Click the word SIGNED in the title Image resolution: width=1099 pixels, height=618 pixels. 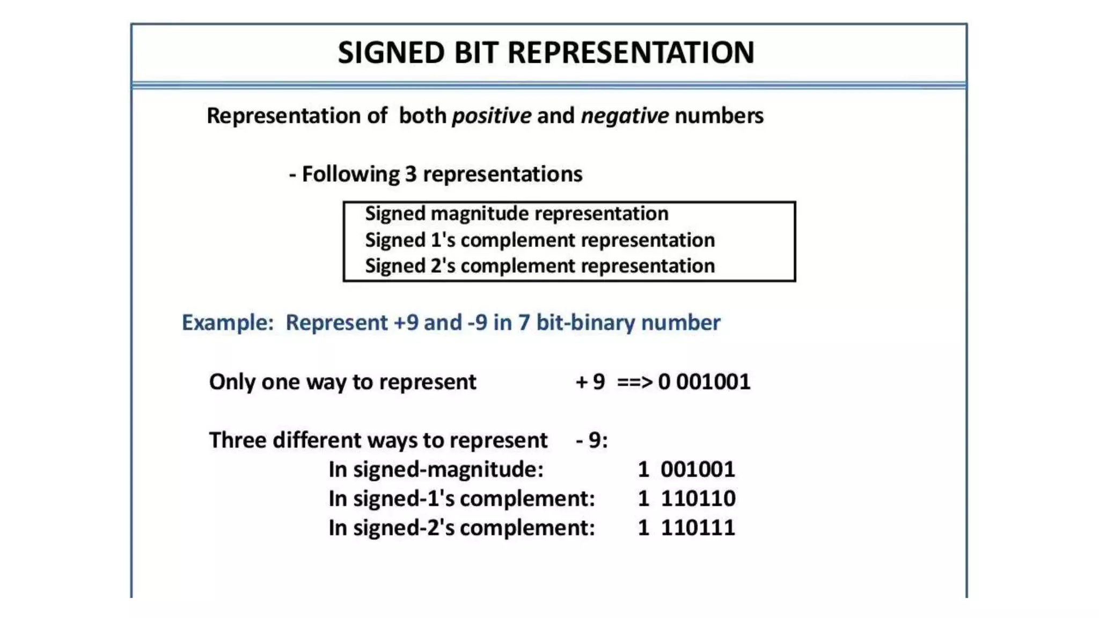click(x=391, y=53)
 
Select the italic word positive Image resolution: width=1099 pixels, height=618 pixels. click(x=492, y=116)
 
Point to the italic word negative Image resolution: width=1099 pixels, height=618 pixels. click(x=625, y=116)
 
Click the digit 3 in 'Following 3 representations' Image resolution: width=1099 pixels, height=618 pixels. click(x=411, y=174)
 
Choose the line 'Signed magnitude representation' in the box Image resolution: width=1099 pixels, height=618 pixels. click(x=516, y=214)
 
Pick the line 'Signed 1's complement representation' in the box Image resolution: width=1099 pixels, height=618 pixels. click(x=539, y=240)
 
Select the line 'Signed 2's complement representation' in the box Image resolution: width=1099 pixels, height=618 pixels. click(x=539, y=266)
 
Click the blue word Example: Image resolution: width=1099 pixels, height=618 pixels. click(x=228, y=323)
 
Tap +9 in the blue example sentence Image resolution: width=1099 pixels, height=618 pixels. click(x=405, y=323)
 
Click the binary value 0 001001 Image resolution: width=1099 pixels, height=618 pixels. click(x=704, y=382)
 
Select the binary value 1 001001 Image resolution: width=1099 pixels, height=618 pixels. click(x=686, y=469)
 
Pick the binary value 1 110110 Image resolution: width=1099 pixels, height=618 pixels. click(x=686, y=499)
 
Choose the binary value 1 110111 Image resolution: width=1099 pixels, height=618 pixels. click(x=686, y=528)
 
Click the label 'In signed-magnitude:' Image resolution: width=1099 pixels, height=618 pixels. click(x=436, y=470)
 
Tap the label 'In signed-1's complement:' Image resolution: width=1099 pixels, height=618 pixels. click(x=461, y=499)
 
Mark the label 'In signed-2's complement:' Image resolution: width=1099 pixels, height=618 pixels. click(x=461, y=528)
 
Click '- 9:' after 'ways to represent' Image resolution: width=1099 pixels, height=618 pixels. click(x=592, y=440)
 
